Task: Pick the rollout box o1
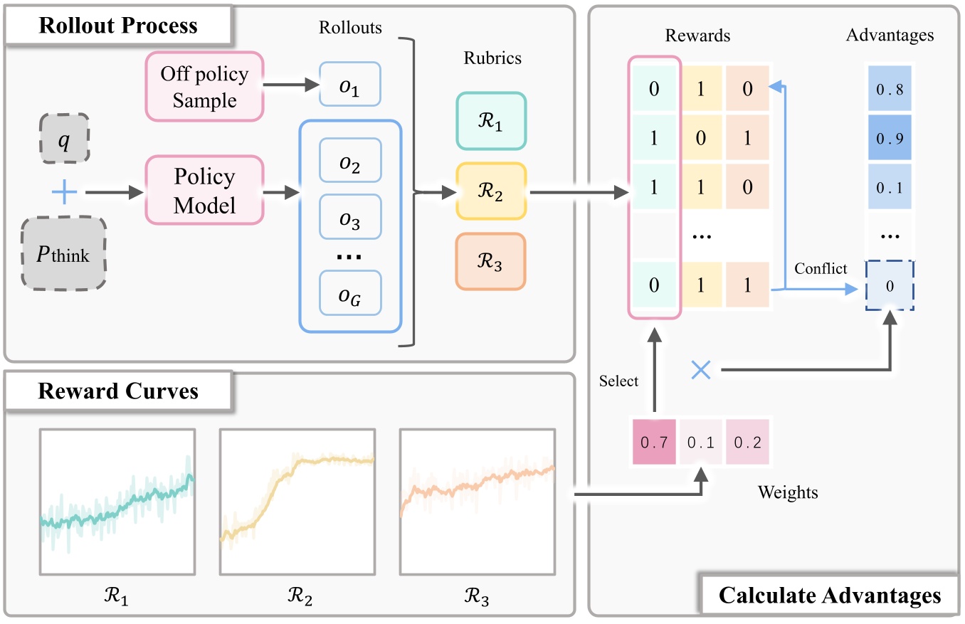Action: click(349, 85)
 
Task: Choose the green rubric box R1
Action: click(491, 121)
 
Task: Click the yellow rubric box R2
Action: click(491, 191)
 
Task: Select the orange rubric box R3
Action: click(491, 262)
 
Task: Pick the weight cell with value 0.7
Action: click(654, 443)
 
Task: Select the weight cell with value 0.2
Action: click(747, 443)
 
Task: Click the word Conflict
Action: click(821, 269)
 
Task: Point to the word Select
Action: click(618, 381)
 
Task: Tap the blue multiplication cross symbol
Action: click(701, 369)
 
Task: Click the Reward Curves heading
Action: click(118, 391)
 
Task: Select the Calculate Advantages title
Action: click(830, 595)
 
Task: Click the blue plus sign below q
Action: click(64, 193)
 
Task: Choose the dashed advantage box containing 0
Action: click(890, 286)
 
